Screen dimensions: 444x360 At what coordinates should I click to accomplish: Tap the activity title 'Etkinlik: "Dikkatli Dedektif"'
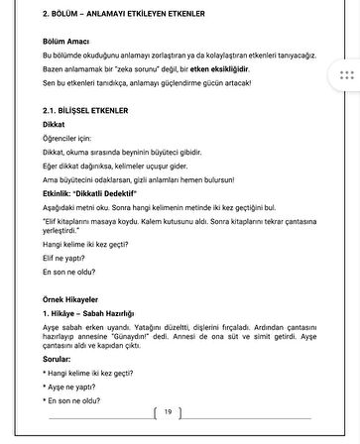click(98, 195)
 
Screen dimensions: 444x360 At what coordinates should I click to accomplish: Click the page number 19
click(168, 410)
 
